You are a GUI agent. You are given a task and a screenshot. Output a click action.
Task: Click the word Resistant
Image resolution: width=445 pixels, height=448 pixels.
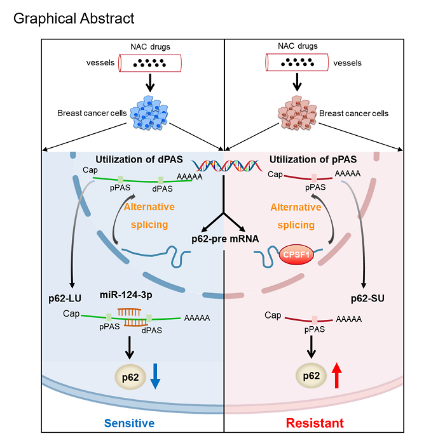pos(315,423)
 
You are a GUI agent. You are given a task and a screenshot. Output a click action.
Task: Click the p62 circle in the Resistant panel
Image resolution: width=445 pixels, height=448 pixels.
pos(311,376)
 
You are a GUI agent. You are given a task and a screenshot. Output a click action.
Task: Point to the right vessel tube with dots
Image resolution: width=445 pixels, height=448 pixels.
pos(295,63)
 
